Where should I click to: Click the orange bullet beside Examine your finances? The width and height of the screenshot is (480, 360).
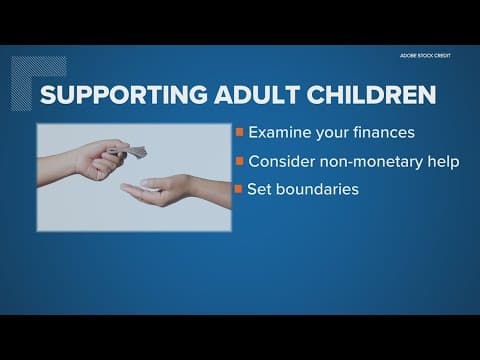click(x=238, y=132)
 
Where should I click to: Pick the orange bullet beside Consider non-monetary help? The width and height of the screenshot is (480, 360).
click(x=238, y=160)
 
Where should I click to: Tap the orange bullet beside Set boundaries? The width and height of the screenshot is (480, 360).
click(x=238, y=188)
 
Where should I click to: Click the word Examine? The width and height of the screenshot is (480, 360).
click(x=279, y=132)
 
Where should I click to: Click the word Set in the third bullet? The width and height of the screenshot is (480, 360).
click(x=260, y=188)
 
